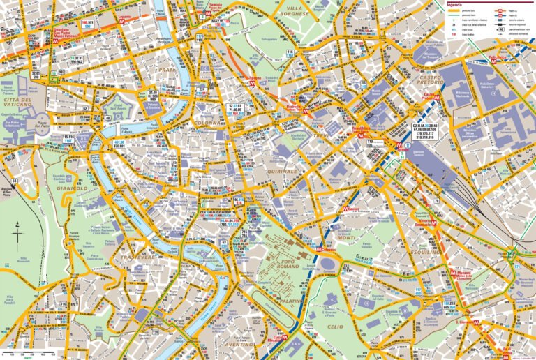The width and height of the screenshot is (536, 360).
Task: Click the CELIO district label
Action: [x=335, y=327]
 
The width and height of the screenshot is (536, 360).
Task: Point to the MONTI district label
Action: [x=347, y=237]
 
